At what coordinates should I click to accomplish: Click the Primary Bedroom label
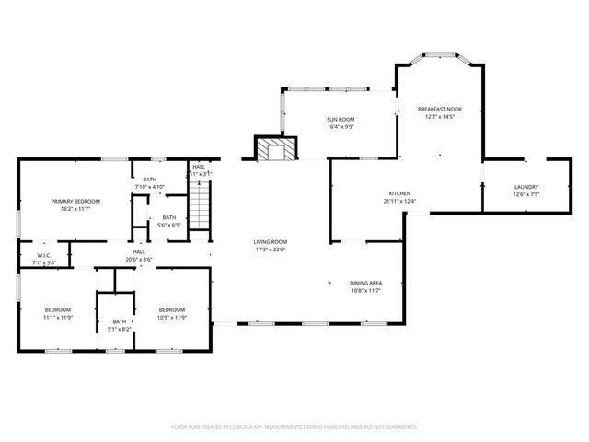tap(75, 201)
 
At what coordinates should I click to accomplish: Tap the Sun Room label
tap(340, 120)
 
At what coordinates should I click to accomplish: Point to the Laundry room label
tap(525, 187)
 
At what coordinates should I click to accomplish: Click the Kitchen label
tap(399, 193)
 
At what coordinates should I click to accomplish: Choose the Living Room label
tap(271, 241)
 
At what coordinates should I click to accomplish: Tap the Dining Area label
tap(365, 283)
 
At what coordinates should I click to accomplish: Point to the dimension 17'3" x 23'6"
tap(271, 248)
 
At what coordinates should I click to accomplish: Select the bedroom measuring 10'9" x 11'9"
tap(171, 309)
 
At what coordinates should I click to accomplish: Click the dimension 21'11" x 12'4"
tap(399, 200)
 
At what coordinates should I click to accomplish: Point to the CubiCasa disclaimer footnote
tap(294, 427)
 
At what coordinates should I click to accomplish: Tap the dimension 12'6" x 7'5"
tap(525, 193)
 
